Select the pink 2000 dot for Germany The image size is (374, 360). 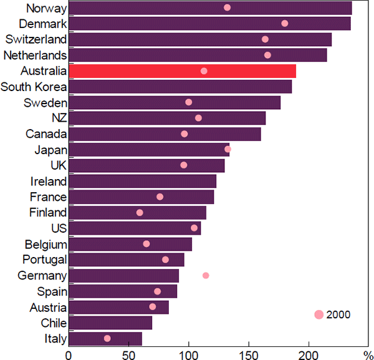coord(206,275)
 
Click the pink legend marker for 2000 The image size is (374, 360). coord(319,314)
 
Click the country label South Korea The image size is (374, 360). coord(34,87)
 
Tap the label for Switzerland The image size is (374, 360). coord(36,39)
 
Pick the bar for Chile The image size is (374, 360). coord(110,323)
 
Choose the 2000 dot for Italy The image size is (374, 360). coord(107,338)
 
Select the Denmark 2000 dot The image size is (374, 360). coord(285,23)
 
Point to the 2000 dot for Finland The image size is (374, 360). coord(140,213)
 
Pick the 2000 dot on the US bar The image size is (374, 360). coord(194,228)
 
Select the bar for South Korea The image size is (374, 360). coord(180,87)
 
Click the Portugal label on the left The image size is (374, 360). coord(44,260)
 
